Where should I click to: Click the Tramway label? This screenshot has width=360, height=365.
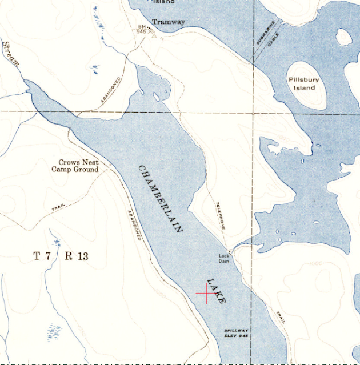click(168, 22)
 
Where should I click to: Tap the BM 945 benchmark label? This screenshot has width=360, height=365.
click(142, 29)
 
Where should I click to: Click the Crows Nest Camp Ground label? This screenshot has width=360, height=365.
click(75, 166)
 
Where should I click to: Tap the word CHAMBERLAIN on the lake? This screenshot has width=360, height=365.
click(161, 198)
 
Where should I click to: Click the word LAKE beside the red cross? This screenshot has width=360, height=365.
click(217, 290)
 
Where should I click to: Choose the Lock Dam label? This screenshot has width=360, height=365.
click(224, 258)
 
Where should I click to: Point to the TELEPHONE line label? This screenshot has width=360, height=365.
click(221, 215)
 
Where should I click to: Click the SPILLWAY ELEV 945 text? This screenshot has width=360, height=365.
click(235, 334)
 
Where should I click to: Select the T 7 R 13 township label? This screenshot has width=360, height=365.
click(61, 256)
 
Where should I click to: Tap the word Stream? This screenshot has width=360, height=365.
click(11, 54)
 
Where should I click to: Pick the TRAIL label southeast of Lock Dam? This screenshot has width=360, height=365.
click(280, 318)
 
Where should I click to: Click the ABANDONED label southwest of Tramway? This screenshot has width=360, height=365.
click(111, 90)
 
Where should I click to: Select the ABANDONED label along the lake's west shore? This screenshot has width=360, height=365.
click(133, 226)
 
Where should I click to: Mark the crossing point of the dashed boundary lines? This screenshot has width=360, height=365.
click(253, 113)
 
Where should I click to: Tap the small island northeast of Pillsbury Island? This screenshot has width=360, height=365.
click(344, 37)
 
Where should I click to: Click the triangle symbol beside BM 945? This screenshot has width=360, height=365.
click(153, 34)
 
